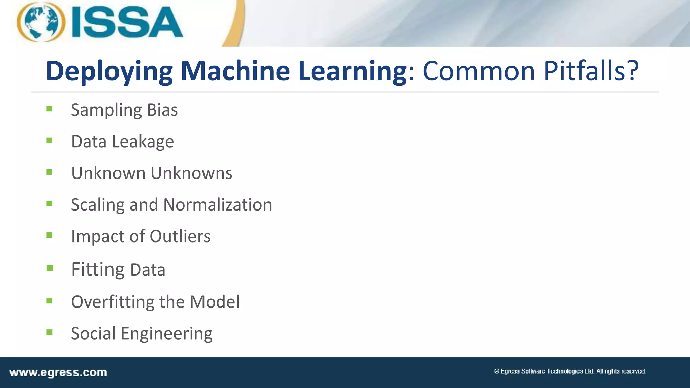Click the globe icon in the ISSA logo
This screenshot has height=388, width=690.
point(41,22)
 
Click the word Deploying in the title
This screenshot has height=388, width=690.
point(109,71)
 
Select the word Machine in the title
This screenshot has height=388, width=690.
point(235,71)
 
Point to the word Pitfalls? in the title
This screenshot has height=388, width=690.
point(591,71)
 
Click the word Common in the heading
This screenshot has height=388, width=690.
point(479,71)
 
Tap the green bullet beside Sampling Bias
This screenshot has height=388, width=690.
point(50,109)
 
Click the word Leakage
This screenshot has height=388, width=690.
point(143,141)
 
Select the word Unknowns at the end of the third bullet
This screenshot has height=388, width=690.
point(191,173)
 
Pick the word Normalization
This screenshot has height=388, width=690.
point(218,205)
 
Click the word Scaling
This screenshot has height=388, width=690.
point(98,205)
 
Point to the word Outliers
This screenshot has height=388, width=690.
point(180,236)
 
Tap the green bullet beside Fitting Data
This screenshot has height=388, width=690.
point(50,268)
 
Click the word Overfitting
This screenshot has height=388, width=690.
point(113,302)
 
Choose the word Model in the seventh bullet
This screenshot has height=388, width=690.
point(215,302)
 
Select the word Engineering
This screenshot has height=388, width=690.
point(166,334)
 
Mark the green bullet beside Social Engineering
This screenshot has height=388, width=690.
point(50,332)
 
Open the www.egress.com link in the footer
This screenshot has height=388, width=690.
point(58,373)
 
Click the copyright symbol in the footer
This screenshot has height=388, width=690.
point(497,371)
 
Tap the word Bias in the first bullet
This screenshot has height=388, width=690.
point(162,110)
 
